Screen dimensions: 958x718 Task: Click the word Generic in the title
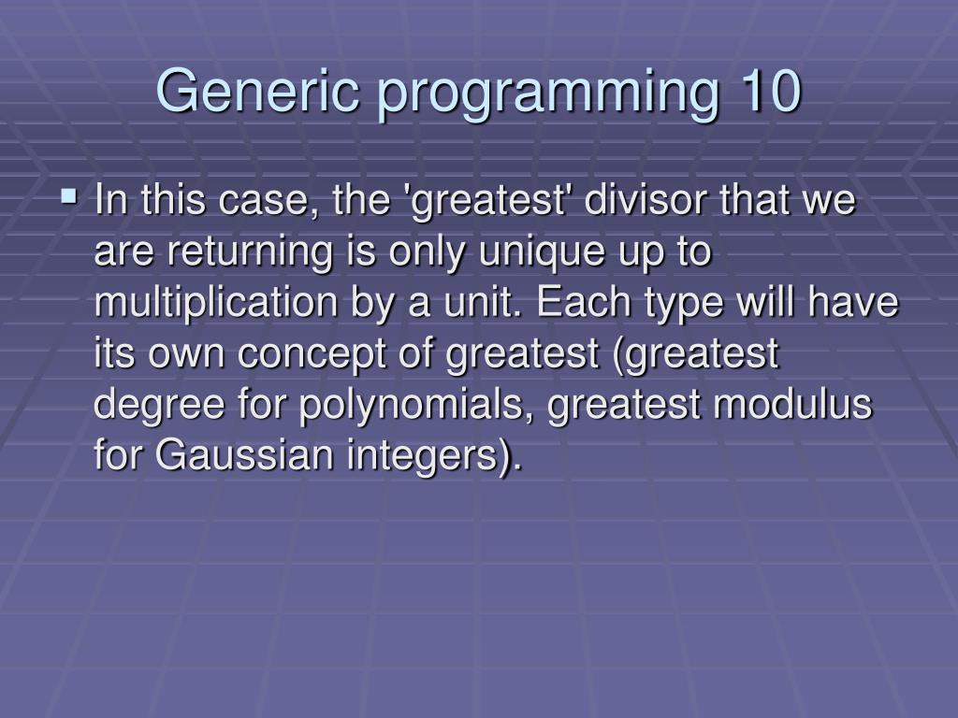(x=257, y=91)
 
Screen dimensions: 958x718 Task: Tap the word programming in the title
(x=548, y=95)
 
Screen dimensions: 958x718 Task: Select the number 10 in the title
(x=771, y=91)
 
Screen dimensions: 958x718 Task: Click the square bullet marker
(x=69, y=196)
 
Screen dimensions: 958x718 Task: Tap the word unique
(x=543, y=252)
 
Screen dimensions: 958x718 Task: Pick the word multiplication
(x=216, y=304)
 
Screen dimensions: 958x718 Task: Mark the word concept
(x=312, y=355)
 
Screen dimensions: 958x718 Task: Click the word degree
(x=159, y=406)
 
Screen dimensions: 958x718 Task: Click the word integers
(x=422, y=457)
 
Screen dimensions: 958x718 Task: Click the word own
(x=186, y=355)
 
